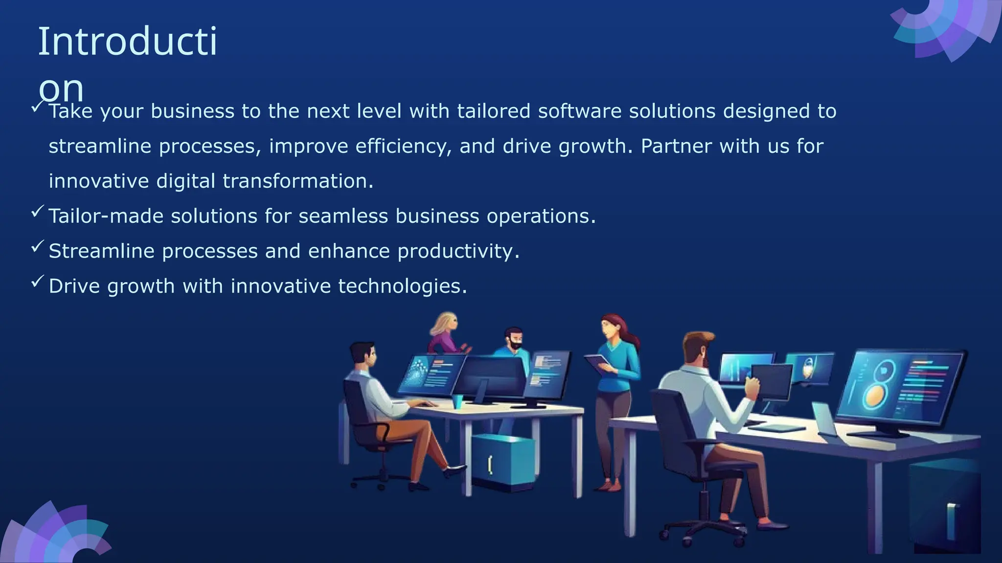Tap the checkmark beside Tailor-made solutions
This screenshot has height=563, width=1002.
(x=38, y=212)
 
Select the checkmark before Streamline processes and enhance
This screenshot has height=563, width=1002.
(x=38, y=247)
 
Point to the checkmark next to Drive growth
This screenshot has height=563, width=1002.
(x=38, y=281)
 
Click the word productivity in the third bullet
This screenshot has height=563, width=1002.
(x=458, y=251)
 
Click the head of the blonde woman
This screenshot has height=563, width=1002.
(x=445, y=324)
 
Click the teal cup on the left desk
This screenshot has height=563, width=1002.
(x=457, y=401)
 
